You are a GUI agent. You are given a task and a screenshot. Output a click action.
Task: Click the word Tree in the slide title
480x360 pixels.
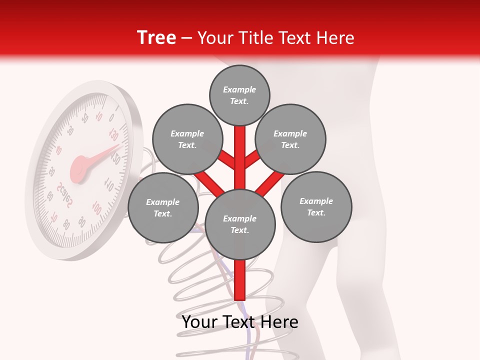[156, 37]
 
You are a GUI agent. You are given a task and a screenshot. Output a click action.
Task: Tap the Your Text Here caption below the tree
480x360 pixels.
[240, 322]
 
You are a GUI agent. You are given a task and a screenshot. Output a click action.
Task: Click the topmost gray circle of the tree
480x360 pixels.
[239, 95]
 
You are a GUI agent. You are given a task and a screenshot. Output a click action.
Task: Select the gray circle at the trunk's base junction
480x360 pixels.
[240, 224]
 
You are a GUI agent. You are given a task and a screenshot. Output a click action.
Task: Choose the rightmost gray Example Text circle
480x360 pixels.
[316, 206]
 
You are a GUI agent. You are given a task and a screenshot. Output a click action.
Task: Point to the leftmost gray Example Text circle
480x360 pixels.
[163, 207]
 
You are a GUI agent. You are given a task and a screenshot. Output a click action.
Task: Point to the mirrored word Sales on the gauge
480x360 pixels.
[65, 195]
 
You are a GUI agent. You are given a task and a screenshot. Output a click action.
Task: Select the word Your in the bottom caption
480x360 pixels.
[200, 322]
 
